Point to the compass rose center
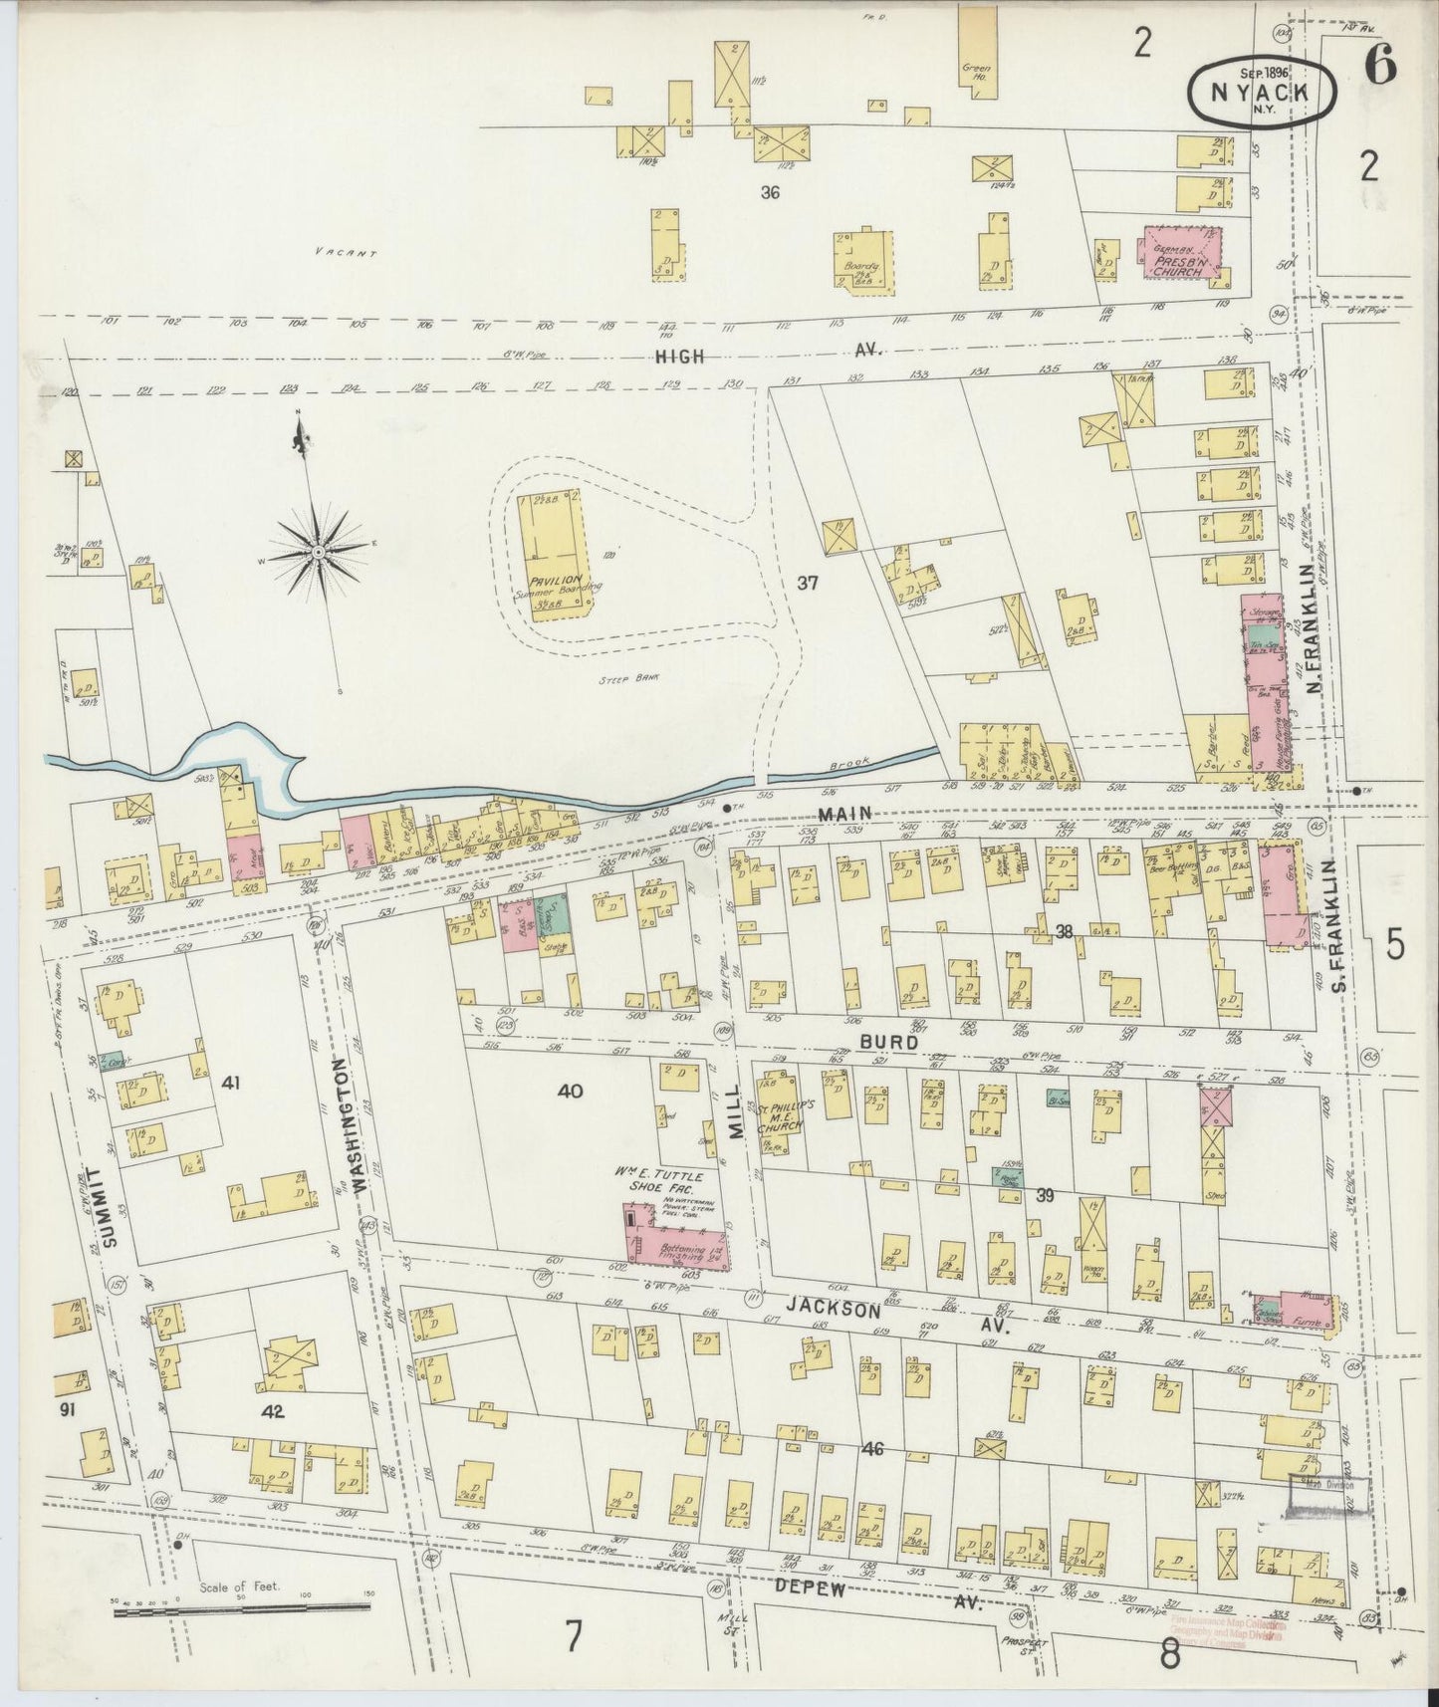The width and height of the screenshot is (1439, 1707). (318, 550)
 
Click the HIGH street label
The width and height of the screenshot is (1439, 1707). (680, 356)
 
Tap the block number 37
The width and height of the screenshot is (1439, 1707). (807, 583)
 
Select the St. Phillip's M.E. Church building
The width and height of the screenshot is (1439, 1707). (778, 1112)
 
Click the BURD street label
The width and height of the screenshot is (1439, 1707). (881, 1039)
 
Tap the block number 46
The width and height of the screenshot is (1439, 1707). (872, 1449)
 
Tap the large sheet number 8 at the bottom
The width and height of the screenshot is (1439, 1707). (1169, 1654)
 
